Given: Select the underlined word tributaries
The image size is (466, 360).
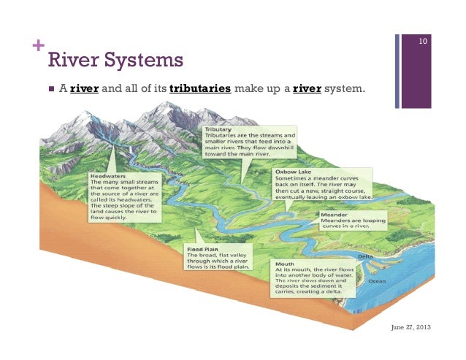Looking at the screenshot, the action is tap(200, 90).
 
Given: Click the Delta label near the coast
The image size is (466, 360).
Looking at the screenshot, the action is tap(366, 257).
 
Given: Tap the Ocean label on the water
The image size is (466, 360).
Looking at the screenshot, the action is tap(377, 280).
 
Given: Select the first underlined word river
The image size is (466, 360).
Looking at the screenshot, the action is tap(88, 90).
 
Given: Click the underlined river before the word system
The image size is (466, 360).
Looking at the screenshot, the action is tap(308, 90).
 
